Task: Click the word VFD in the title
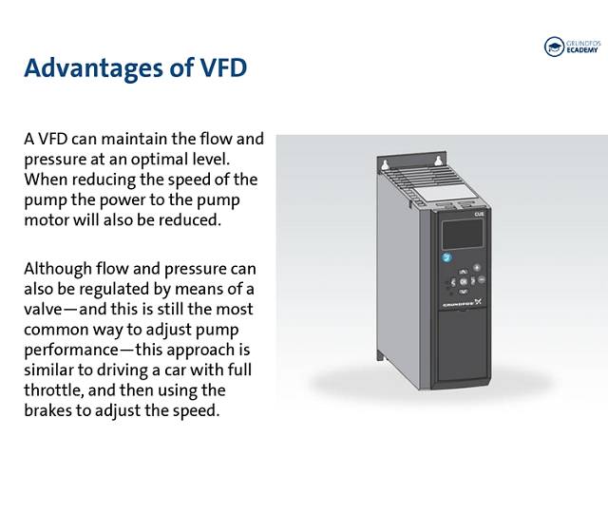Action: pos(223,67)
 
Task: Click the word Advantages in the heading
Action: pos(93,69)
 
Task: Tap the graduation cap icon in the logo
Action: pos(554,47)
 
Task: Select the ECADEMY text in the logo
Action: pos(582,50)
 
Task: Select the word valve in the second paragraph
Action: pos(43,310)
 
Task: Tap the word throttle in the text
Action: pos(53,390)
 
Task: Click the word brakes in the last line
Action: pos(47,410)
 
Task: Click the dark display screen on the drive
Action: pos(463,234)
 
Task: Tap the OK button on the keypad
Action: pos(463,282)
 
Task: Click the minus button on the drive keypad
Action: pos(482,279)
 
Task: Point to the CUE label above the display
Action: pos(479,215)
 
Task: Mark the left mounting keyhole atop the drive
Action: pos(384,165)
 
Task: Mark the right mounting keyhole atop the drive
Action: pos(438,161)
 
